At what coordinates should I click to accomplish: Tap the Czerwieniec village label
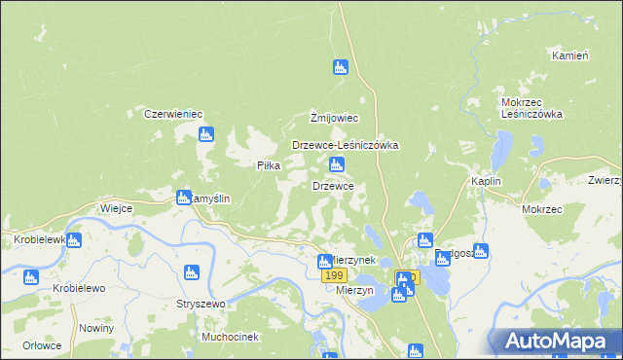coord(172,114)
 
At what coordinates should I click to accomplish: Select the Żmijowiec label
coord(335,118)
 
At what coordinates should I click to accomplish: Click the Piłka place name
coord(268,165)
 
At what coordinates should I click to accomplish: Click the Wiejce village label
coord(116,208)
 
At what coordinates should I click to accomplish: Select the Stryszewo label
coord(201,304)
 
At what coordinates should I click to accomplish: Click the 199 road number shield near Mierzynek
coord(333,277)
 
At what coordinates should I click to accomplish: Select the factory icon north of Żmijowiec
coord(340,67)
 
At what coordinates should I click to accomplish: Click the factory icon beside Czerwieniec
coord(205,134)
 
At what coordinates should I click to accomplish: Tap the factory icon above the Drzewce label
coord(337,164)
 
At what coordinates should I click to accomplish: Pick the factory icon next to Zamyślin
coord(183,198)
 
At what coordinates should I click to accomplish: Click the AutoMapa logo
coord(560,341)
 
